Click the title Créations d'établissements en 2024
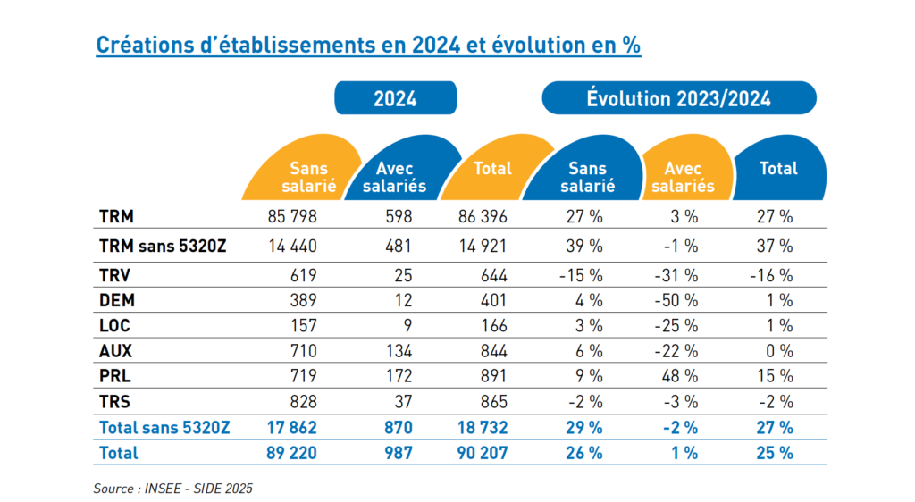tap(368, 46)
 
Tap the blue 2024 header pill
tap(395, 98)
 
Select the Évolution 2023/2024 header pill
tap(678, 98)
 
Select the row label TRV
tap(114, 276)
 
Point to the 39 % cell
tap(584, 246)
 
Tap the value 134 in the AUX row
tap(398, 351)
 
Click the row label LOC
tap(113, 326)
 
